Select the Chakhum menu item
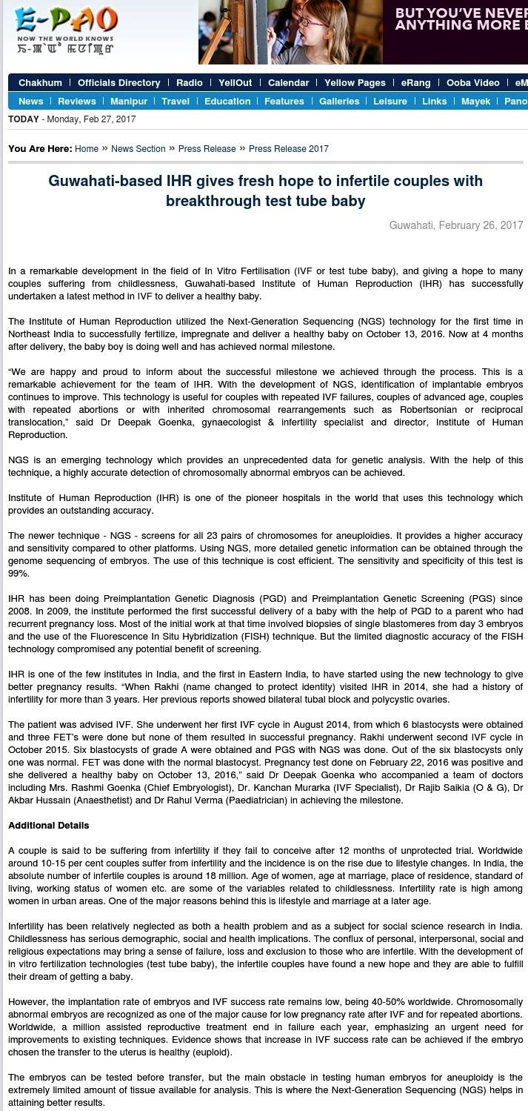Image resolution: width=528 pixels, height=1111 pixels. click(40, 83)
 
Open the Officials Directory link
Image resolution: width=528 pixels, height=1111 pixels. click(118, 83)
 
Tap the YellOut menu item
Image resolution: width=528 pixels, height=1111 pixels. click(235, 83)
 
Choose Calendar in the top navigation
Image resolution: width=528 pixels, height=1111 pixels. click(288, 83)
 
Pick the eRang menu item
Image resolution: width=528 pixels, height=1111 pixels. click(415, 83)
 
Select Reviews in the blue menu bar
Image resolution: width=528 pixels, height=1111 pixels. click(77, 102)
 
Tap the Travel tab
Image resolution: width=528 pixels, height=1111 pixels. click(176, 102)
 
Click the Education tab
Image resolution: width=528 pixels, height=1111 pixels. click(227, 102)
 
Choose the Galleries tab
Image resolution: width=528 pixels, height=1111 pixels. click(339, 102)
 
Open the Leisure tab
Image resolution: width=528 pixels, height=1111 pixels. click(390, 102)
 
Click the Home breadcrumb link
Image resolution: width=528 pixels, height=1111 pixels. click(87, 149)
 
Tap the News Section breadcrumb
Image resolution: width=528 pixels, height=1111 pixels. click(138, 149)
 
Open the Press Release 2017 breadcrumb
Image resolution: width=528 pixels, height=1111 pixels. click(289, 149)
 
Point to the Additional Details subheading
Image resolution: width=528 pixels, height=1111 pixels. click(49, 826)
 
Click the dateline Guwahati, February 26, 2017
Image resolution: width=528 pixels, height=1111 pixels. click(456, 225)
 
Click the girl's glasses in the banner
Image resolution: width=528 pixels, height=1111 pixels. click(313, 21)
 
